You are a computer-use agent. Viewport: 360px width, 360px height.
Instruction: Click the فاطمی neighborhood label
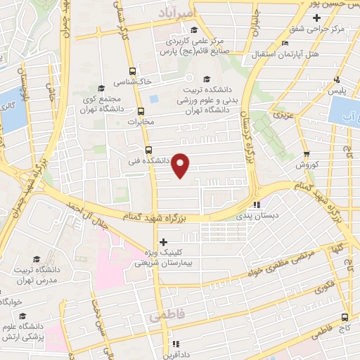tap(166, 316)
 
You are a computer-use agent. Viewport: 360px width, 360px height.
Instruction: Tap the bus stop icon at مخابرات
tap(141, 111)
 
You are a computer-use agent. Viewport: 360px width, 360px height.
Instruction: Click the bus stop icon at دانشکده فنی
tap(148, 149)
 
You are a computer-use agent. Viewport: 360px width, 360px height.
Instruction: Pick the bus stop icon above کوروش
tap(307, 154)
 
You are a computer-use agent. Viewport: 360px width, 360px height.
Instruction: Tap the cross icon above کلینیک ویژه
tap(164, 242)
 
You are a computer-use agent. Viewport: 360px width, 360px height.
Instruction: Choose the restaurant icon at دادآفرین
tap(176, 344)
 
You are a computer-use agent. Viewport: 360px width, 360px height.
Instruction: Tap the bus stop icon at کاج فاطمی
tap(345, 317)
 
